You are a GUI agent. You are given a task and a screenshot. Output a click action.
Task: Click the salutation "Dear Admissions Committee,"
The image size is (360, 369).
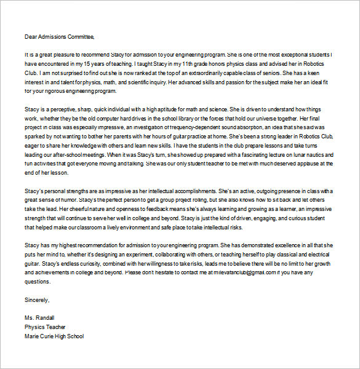tap(60, 36)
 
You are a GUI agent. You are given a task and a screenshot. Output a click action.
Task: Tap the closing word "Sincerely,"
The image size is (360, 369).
tap(37, 300)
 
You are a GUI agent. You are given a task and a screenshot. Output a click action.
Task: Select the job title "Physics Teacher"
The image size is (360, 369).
tap(45, 327)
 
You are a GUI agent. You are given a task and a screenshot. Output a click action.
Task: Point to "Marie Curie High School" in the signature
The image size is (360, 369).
tap(54, 336)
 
